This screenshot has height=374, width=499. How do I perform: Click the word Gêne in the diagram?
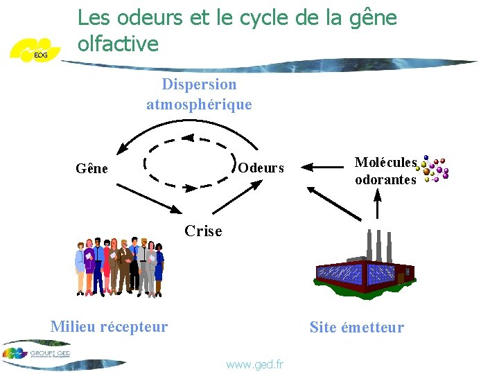(x=91, y=168)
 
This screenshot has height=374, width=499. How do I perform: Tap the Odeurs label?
(x=261, y=168)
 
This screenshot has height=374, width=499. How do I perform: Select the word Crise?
(x=203, y=231)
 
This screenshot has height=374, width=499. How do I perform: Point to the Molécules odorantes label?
(x=385, y=171)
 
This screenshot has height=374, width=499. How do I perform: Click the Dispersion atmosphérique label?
(x=199, y=95)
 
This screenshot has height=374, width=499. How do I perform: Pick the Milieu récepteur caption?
(x=109, y=327)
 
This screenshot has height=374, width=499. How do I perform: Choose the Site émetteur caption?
(x=356, y=328)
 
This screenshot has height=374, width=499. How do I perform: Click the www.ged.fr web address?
(x=254, y=364)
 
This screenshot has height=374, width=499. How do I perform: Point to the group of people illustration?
(x=119, y=267)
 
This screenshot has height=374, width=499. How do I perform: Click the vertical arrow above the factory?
(x=378, y=205)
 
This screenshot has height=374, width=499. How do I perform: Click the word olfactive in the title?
(x=119, y=44)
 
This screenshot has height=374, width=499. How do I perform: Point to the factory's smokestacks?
(x=380, y=247)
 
